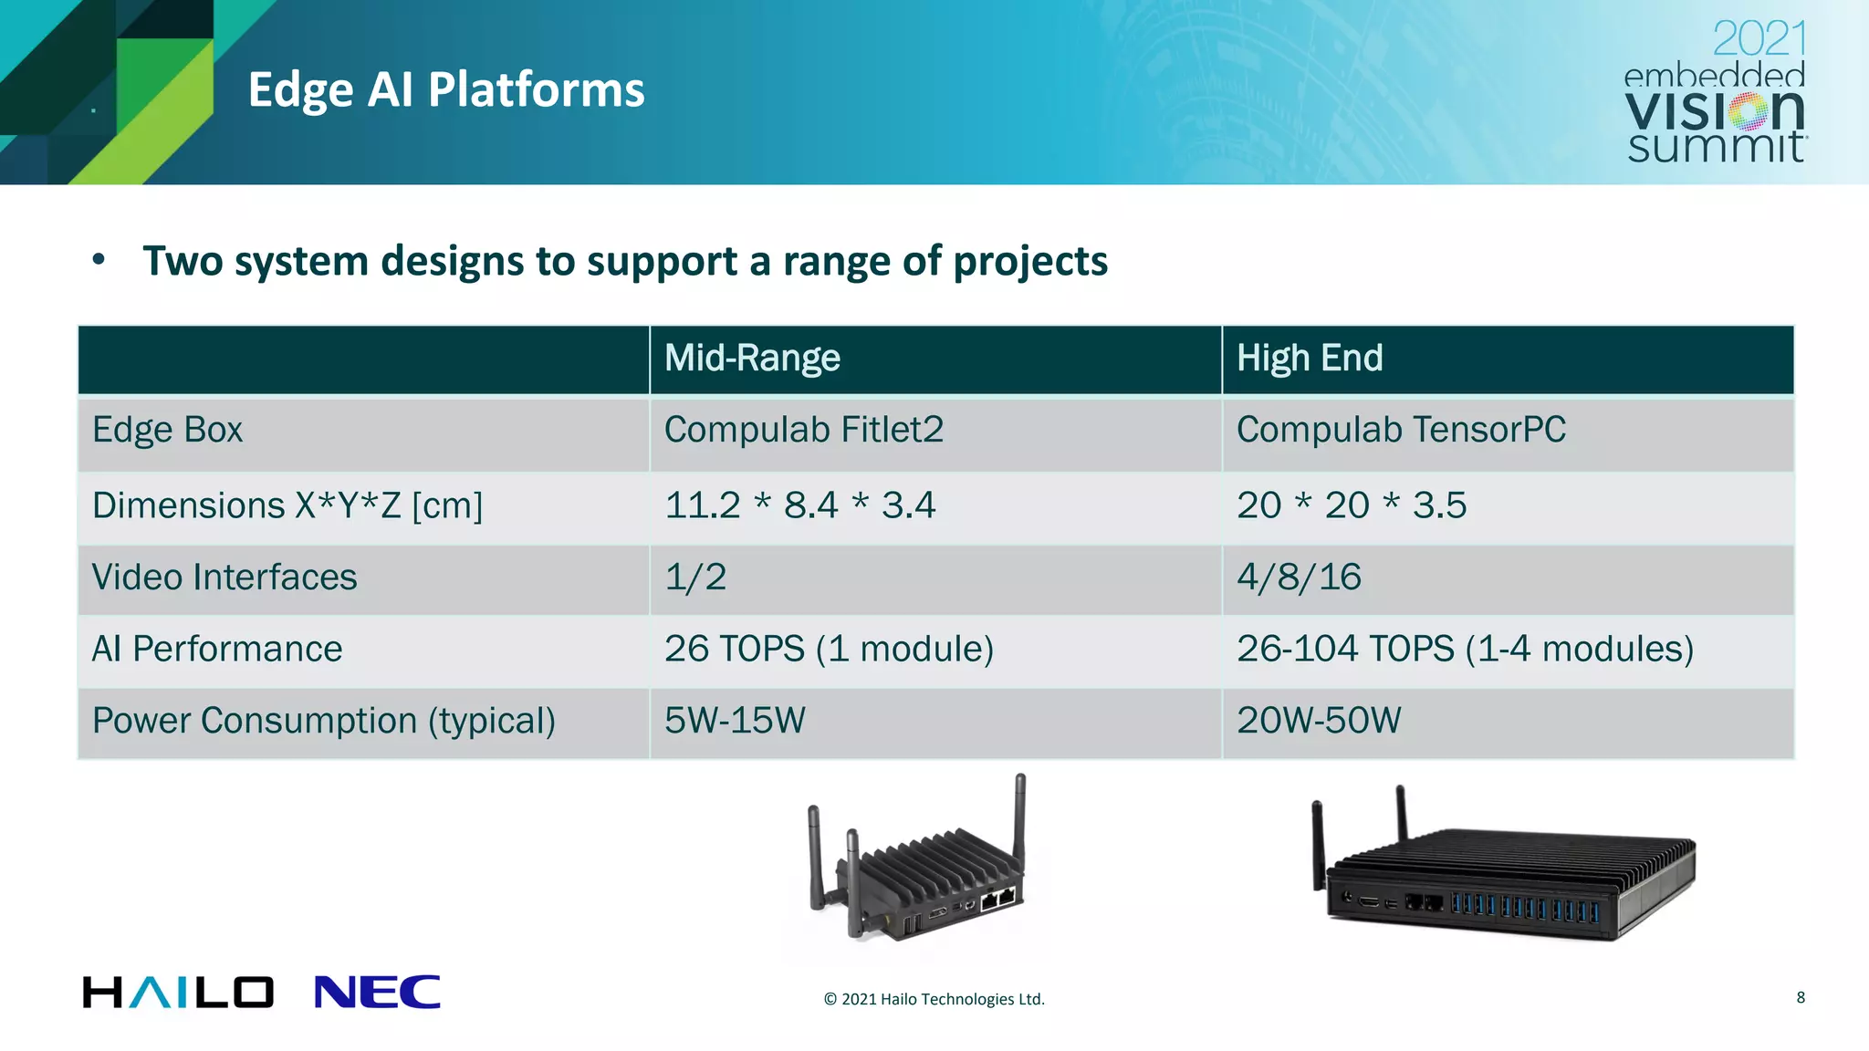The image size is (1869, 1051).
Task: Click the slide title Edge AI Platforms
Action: [445, 89]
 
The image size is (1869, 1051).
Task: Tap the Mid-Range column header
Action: [752, 358]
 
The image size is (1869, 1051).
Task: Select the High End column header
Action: [1309, 358]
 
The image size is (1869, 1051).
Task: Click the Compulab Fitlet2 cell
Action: [803, 430]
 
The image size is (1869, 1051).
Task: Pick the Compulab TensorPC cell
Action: [1400, 430]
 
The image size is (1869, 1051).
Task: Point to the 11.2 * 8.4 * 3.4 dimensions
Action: [799, 505]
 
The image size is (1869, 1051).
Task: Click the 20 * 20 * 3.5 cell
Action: [1351, 505]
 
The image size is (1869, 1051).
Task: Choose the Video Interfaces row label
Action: [224, 578]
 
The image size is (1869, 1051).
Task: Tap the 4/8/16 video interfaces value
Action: [1298, 578]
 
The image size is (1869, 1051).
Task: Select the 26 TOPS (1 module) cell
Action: [829, 649]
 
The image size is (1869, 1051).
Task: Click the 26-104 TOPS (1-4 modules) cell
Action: [1464, 649]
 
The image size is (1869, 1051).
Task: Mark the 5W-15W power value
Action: [735, 721]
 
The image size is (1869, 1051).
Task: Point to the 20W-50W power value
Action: [1318, 721]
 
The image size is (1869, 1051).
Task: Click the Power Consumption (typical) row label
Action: [323, 721]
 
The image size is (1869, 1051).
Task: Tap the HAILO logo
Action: [178, 993]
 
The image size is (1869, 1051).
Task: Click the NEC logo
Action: [377, 993]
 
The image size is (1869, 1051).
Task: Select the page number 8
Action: [1800, 997]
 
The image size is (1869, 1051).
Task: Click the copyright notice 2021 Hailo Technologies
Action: [934, 999]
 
